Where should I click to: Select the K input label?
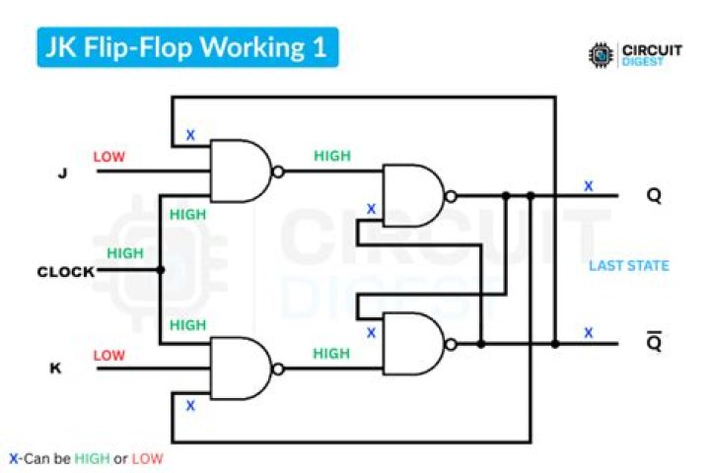point(55,369)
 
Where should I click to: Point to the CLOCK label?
point(66,271)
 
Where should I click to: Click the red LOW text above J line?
point(109,157)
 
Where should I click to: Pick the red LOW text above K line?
point(109,355)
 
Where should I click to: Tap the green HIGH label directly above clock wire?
point(125,253)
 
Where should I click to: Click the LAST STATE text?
point(628,265)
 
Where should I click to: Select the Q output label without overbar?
point(654,195)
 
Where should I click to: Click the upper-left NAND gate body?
point(238,170)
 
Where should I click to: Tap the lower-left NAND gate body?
point(238,369)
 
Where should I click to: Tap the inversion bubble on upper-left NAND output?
point(279,170)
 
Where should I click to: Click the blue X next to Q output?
point(589,185)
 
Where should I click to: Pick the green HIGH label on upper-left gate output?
point(331,156)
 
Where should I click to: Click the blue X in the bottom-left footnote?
point(13,458)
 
